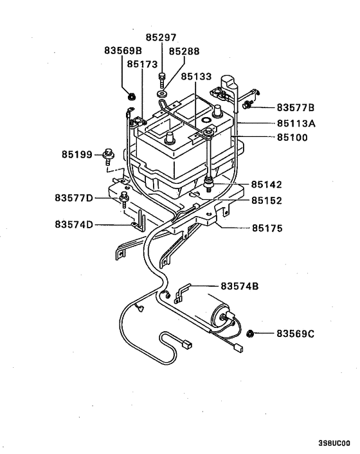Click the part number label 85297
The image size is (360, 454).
click(161, 38)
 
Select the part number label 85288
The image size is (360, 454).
click(185, 51)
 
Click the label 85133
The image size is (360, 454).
click(196, 77)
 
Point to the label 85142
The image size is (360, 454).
click(266, 185)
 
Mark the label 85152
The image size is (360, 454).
click(266, 200)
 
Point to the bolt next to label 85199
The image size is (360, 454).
click(107, 156)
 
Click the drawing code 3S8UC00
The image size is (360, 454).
click(334, 444)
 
